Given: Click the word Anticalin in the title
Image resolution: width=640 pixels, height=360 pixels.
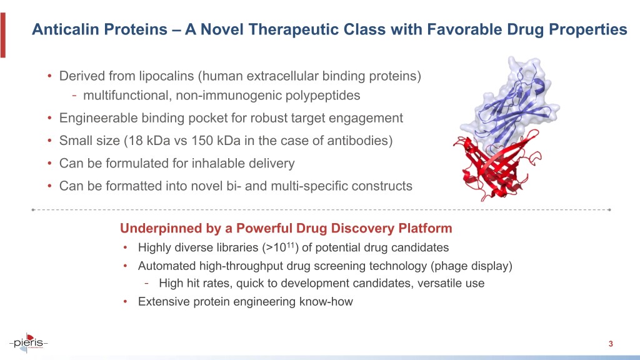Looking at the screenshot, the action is point(65,29).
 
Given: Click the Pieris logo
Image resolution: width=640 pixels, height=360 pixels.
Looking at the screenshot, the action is point(28,342).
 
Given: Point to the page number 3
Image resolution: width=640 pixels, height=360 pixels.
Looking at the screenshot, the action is point(611,344).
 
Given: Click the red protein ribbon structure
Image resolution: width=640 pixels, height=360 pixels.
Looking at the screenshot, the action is point(496,167).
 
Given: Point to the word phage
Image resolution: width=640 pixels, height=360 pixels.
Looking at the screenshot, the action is point(449,266).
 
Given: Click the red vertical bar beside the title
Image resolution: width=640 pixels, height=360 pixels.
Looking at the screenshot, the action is point(3,35).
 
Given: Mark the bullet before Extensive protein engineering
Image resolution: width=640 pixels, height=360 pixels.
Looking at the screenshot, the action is point(126,302).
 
